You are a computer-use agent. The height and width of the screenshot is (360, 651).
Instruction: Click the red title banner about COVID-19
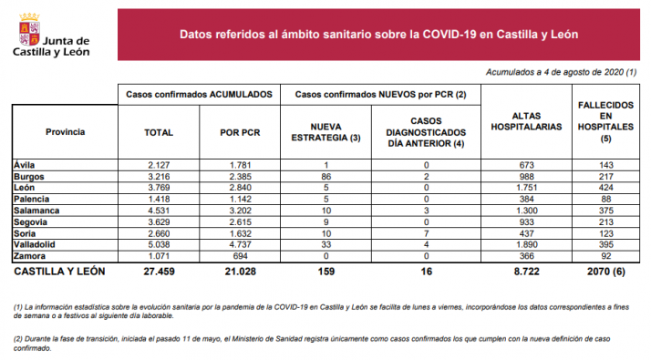[378, 35]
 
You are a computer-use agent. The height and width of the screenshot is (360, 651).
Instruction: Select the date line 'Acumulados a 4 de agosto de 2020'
[561, 72]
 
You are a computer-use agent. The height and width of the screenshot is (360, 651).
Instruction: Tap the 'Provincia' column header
[65, 132]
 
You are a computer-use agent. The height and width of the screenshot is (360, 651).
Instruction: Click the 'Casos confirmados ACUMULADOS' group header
[198, 94]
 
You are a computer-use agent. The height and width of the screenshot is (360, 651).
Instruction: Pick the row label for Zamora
[31, 256]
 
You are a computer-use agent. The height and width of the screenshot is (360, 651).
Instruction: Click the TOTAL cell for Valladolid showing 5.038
[159, 244]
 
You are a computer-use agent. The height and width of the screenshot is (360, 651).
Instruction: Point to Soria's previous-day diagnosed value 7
[426, 232]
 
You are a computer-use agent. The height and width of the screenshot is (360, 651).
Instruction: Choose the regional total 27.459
[159, 273]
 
